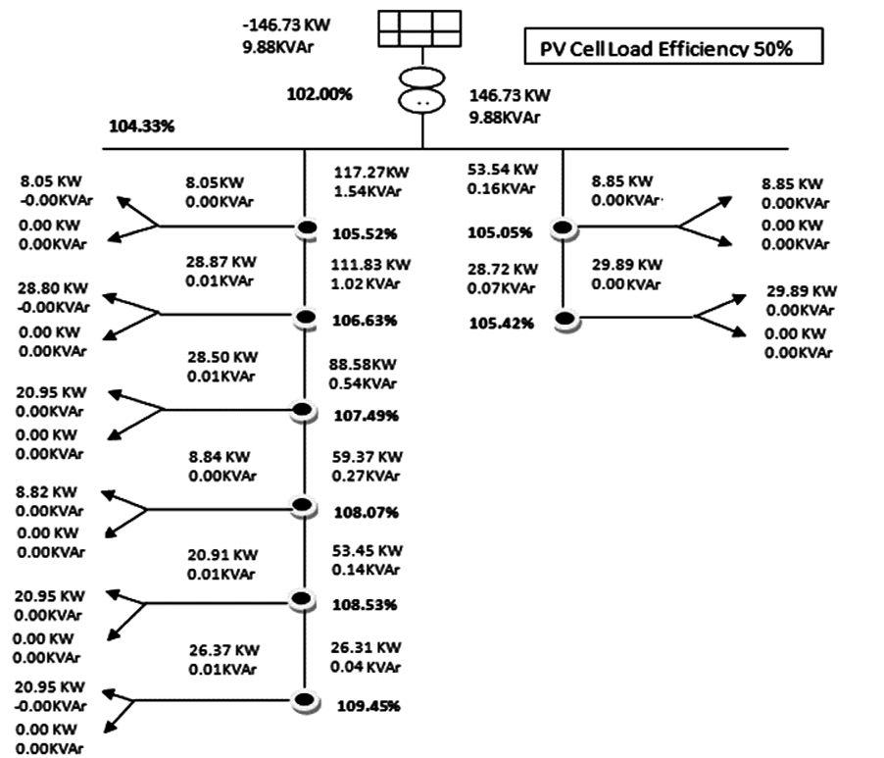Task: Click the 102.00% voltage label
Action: click(319, 95)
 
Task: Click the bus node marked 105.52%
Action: click(307, 228)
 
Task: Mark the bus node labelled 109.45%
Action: click(307, 700)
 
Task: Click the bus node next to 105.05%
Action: click(563, 228)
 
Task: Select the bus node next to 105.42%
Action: click(563, 319)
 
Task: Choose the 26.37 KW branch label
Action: click(223, 650)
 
